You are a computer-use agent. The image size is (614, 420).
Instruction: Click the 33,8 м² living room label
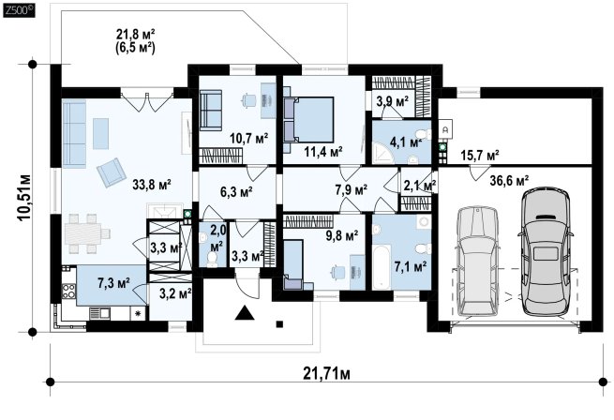pos(152,185)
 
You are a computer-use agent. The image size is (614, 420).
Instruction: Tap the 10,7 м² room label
pos(249,139)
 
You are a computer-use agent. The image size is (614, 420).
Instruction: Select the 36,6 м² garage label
pos(509,181)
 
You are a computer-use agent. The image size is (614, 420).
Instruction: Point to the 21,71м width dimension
pos(326,374)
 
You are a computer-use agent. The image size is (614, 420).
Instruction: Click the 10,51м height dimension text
pos(24,198)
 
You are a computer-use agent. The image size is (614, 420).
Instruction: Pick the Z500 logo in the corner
pos(19,10)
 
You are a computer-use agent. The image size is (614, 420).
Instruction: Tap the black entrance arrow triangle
pos(245,312)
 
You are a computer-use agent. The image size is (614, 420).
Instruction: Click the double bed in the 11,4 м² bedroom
pos(308,120)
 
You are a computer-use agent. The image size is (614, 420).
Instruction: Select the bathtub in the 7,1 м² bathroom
pos(382,267)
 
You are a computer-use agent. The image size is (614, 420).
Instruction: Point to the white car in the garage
pos(478,261)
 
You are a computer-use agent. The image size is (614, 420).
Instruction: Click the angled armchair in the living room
pos(112,172)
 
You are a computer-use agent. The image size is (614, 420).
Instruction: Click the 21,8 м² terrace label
pos(136,34)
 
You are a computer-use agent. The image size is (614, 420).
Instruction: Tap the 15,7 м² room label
pos(479,156)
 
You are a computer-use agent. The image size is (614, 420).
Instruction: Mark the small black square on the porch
pos(279,324)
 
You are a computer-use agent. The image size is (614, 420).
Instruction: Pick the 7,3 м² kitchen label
pos(114,283)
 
